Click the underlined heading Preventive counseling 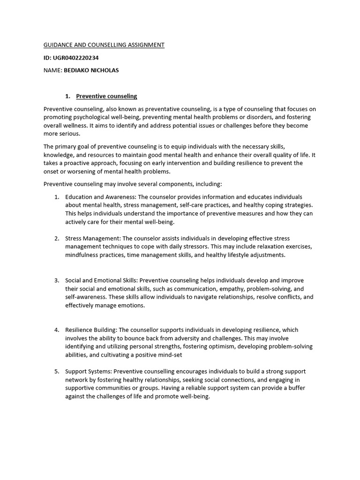[x=106, y=96]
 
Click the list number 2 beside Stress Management [x=57, y=239]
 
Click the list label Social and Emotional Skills [x=101, y=280]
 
